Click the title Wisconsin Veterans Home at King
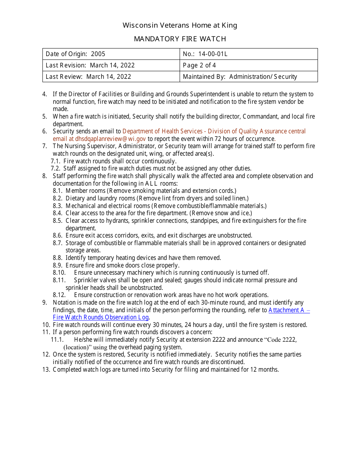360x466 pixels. [180, 25]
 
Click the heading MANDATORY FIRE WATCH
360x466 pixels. [180, 39]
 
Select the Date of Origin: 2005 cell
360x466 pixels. [75, 54]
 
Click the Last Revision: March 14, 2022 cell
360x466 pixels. [90, 65]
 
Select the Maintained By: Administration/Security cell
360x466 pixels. [240, 77]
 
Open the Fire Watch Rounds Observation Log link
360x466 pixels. [101, 317]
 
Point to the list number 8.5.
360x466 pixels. [58, 220]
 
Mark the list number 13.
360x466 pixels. [46, 369]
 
